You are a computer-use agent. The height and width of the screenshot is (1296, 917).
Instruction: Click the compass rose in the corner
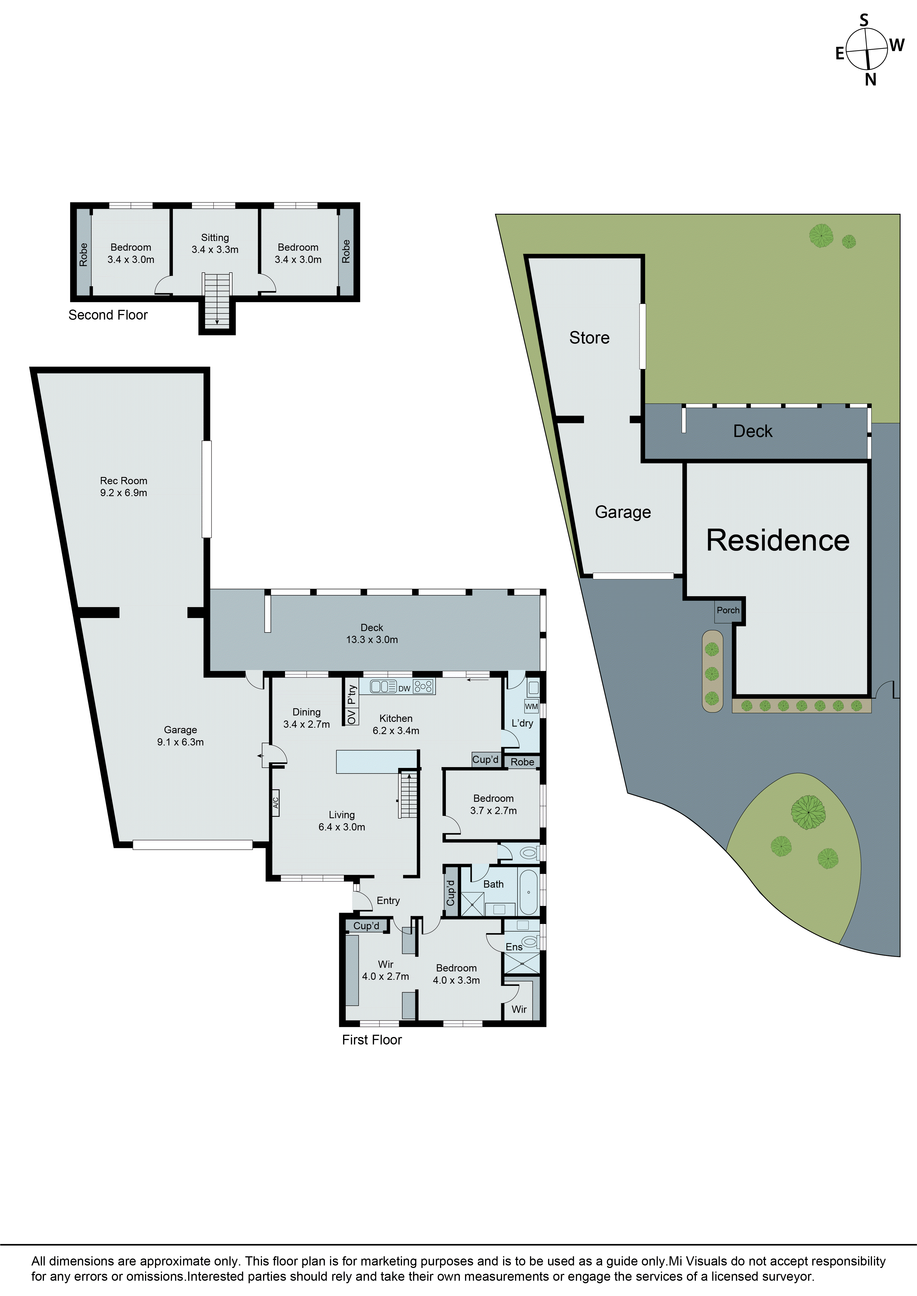tap(867, 49)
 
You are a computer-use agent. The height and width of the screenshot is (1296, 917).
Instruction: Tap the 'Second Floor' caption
tap(108, 315)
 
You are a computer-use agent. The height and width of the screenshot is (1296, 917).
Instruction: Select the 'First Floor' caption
tap(371, 1040)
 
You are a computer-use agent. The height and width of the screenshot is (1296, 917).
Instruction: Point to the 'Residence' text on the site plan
tap(778, 540)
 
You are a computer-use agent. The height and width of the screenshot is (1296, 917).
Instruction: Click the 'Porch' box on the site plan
tap(728, 610)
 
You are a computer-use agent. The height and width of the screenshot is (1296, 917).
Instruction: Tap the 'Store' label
tap(589, 338)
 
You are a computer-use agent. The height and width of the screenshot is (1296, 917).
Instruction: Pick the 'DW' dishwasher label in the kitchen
tap(404, 689)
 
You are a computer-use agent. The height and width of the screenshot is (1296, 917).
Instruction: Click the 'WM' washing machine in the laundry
tap(531, 706)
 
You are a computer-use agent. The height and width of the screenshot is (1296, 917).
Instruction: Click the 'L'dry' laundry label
tap(522, 723)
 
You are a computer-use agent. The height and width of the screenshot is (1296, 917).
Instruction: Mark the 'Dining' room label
tap(307, 712)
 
